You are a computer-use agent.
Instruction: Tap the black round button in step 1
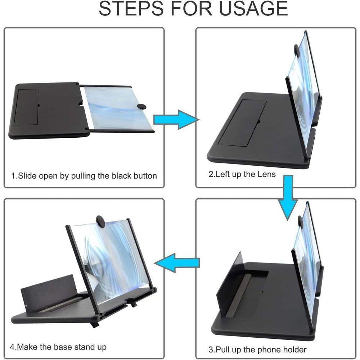point(142,106)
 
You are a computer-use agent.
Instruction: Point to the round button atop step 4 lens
point(100,222)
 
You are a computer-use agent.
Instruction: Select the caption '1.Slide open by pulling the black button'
point(84,176)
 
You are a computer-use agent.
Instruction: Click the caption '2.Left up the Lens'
point(242,175)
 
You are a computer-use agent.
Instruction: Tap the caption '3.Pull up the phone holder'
point(257,349)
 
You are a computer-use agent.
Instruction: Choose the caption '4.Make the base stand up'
point(58,347)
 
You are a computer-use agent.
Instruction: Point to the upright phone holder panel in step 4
point(47,292)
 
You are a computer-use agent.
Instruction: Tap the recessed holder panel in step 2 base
point(242,123)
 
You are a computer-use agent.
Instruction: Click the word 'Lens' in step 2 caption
point(267,175)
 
